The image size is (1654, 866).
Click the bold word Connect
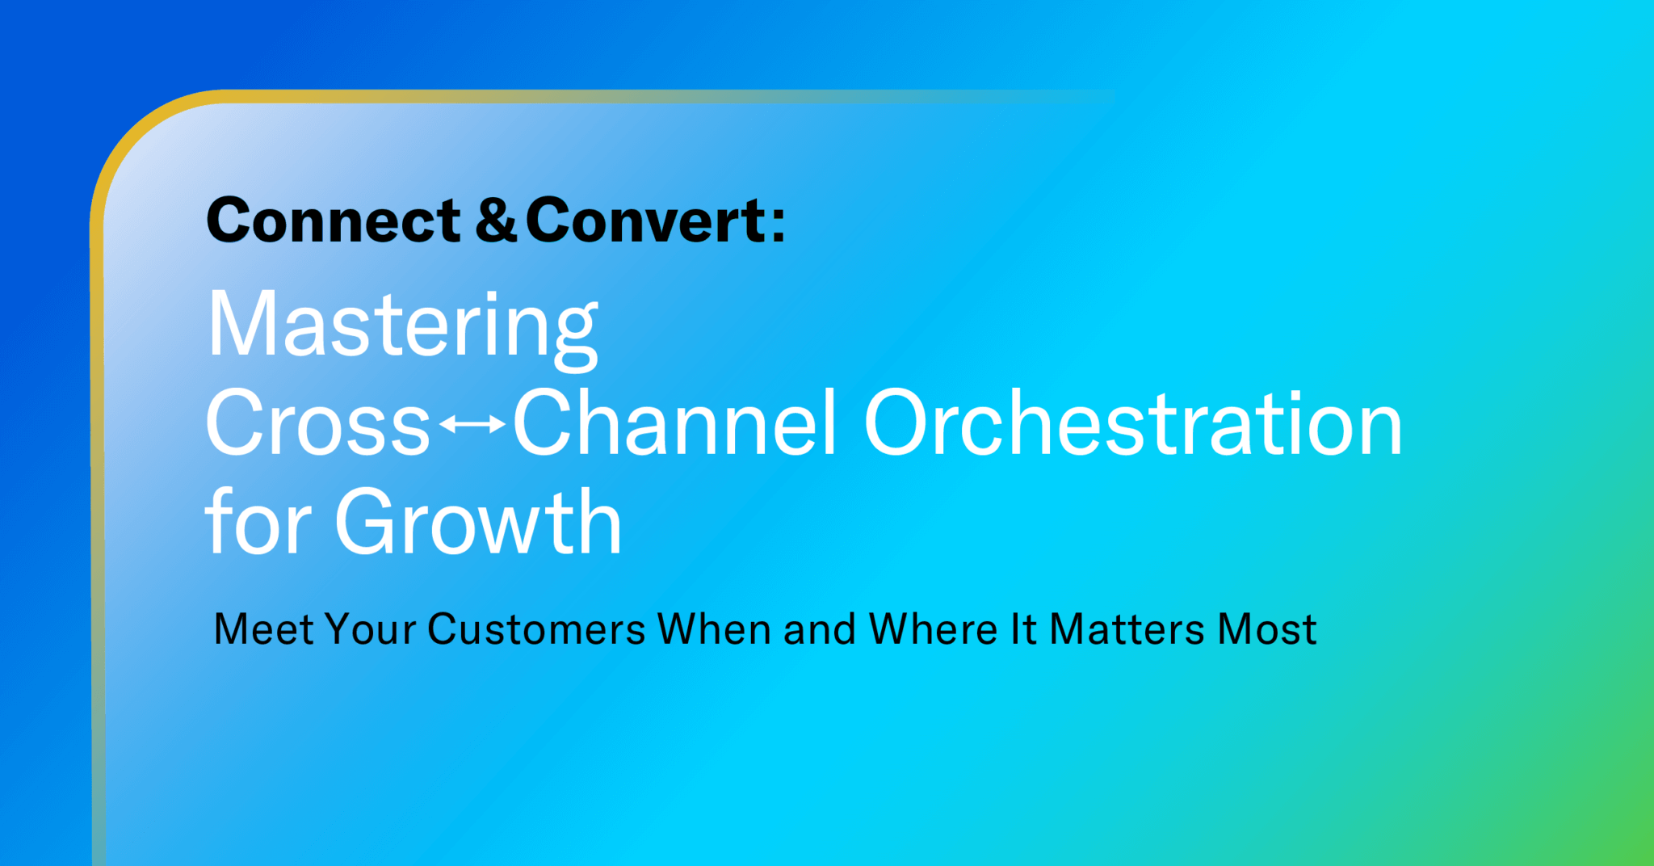pyautogui.click(x=333, y=221)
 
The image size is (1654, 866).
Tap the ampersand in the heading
pyautogui.click(x=495, y=221)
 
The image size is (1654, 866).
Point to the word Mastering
pyautogui.click(x=402, y=326)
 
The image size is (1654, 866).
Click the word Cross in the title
pyautogui.click(x=317, y=423)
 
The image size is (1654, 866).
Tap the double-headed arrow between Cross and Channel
pyautogui.click(x=472, y=423)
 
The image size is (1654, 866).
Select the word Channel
pyautogui.click(x=674, y=423)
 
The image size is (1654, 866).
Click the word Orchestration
pyautogui.click(x=1132, y=423)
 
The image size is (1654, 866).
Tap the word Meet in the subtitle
pyautogui.click(x=263, y=629)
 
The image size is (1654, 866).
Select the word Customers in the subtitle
pyautogui.click(x=536, y=629)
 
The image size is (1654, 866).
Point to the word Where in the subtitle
pyautogui.click(x=933, y=629)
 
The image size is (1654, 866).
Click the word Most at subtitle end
pyautogui.click(x=1267, y=629)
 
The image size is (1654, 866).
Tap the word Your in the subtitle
pyautogui.click(x=371, y=629)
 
